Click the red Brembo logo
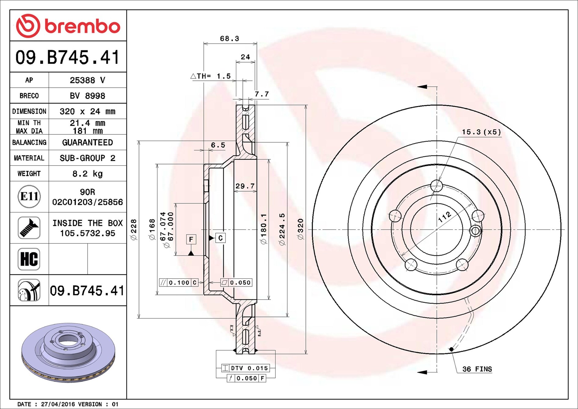pos(68,26)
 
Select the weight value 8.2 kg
pos(87,174)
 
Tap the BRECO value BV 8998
pos(87,96)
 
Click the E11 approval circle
pos(29,196)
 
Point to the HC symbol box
pos(29,259)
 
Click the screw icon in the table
pos(29,228)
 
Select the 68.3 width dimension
pos(230,39)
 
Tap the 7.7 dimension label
pos(262,94)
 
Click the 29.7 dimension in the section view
pos(245,186)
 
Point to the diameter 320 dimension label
pos(300,229)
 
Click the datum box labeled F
pos(191,239)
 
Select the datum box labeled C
pos(220,238)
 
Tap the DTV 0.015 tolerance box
pos(245,368)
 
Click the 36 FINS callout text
pos(477,369)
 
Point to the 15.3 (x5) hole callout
pos(481,132)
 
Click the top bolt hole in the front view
pos(437,186)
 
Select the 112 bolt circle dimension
pos(445,217)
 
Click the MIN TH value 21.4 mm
pos(87,123)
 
